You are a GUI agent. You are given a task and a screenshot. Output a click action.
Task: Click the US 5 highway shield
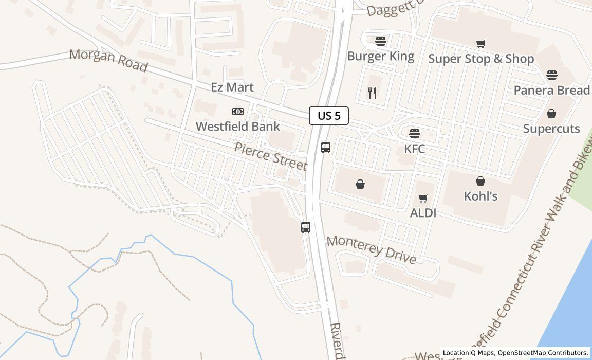point(329,116)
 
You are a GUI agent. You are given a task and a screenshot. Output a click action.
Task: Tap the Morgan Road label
point(108,61)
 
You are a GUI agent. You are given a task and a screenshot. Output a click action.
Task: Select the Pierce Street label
point(270,156)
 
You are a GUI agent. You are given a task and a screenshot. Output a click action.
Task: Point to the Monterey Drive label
point(371,249)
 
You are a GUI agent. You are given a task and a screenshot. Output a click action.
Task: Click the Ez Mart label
point(232,87)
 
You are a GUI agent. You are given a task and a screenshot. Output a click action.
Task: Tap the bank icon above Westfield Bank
point(237,112)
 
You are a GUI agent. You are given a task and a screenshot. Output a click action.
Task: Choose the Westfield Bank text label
point(238,126)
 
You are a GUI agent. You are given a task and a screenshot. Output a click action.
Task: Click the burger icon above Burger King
point(381,41)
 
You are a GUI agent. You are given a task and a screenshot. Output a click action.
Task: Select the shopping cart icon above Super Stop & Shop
point(480,44)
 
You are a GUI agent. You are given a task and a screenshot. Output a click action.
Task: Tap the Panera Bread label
point(551,90)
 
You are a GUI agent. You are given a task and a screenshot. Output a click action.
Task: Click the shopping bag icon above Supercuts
point(551,114)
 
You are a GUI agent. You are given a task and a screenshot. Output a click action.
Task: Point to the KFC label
point(415,149)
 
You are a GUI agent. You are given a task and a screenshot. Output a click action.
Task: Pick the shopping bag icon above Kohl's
point(480,181)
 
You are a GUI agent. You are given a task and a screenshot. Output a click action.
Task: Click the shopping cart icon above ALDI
point(423,199)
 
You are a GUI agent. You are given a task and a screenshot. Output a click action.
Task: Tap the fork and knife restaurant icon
point(373,93)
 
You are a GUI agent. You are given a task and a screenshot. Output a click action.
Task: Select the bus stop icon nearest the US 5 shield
point(326,148)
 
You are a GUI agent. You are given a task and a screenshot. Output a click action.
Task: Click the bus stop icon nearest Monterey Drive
point(306,227)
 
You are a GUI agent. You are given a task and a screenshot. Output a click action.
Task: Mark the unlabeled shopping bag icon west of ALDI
point(360,184)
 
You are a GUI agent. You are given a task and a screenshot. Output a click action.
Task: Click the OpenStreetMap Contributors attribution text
point(543,353)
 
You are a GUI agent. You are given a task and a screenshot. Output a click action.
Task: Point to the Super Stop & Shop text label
point(481,59)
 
